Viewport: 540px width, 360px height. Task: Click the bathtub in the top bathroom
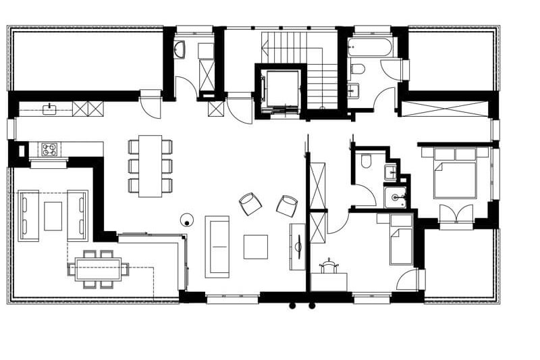(369, 47)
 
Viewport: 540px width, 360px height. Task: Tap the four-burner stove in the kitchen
(49, 149)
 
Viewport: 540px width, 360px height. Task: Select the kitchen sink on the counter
(49, 108)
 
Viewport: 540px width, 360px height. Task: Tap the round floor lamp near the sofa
(186, 219)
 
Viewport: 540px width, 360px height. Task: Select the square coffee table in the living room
(255, 247)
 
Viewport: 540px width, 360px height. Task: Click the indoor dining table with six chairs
(151, 165)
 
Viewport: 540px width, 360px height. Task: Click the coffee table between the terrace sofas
(53, 216)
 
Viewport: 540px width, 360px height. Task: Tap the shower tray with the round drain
(396, 197)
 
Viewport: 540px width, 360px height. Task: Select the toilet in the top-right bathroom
(358, 68)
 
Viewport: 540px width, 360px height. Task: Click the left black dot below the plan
(292, 306)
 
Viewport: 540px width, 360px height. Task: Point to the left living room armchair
(250, 203)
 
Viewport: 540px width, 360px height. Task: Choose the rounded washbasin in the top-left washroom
(180, 49)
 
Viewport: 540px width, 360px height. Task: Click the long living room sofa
(217, 246)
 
